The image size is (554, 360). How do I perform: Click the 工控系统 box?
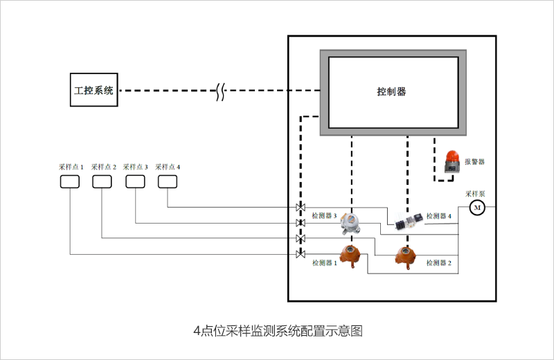(94, 90)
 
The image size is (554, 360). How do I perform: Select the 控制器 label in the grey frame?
(391, 91)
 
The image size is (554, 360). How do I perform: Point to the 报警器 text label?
(474, 161)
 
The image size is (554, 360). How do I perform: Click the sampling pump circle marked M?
(478, 207)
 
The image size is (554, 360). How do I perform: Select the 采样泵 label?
(475, 194)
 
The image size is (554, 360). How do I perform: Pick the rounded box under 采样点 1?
(70, 181)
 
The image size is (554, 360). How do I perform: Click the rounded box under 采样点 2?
(102, 181)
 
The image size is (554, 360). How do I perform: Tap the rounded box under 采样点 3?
(135, 181)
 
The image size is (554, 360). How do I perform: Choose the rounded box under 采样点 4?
(168, 181)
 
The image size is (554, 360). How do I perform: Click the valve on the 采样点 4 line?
(300, 208)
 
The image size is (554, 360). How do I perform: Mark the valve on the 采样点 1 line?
(300, 254)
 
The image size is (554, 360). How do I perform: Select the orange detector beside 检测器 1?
(350, 257)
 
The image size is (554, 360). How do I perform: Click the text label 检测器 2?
(439, 263)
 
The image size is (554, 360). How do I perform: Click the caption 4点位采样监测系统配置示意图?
(278, 331)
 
